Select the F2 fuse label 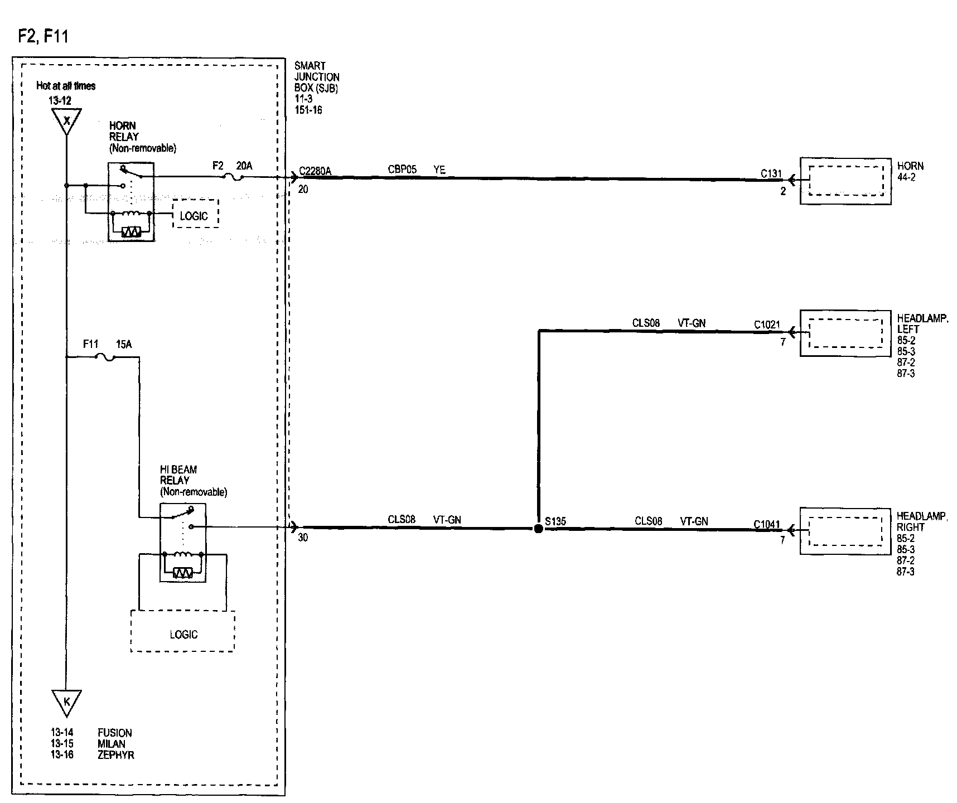[218, 166]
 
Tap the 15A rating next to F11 [124, 345]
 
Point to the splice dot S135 [538, 529]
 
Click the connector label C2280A [315, 171]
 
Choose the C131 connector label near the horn [771, 174]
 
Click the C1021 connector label [767, 325]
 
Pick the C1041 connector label [767, 524]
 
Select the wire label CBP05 [402, 170]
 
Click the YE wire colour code [439, 170]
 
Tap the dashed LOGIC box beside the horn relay [195, 214]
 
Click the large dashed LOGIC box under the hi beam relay [183, 631]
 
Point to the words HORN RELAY [124, 131]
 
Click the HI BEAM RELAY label [178, 475]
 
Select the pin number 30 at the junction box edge [303, 538]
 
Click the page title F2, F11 [43, 36]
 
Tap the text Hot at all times [66, 86]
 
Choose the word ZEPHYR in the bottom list [116, 755]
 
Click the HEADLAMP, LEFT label [922, 324]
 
